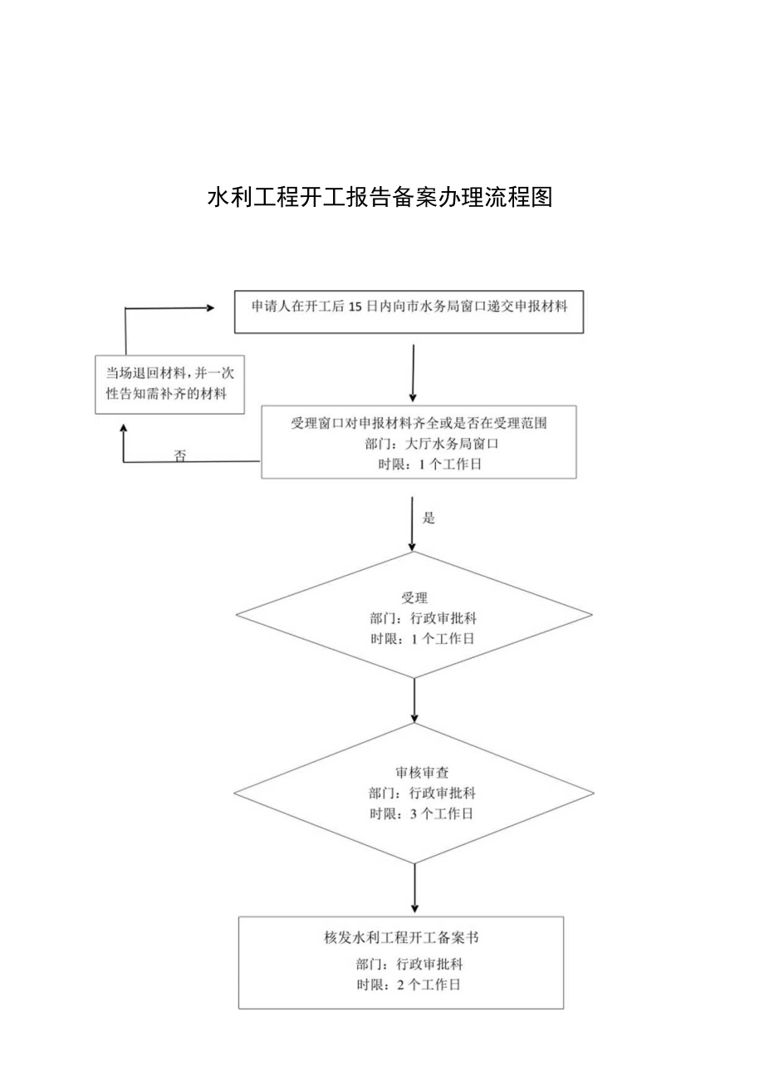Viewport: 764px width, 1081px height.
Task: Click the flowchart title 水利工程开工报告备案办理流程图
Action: tap(380, 198)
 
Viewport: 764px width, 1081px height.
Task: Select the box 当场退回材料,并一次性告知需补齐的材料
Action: tap(170, 382)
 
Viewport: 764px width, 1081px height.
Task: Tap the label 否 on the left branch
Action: tap(180, 455)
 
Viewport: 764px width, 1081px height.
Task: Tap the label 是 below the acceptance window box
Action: tap(429, 518)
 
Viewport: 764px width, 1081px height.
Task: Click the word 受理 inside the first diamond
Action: tap(414, 598)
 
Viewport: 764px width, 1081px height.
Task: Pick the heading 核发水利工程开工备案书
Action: tap(400, 938)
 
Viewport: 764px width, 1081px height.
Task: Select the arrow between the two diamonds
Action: tap(414, 700)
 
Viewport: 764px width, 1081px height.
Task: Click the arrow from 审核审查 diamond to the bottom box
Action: tap(414, 887)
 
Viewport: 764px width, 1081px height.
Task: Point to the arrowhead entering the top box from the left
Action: tap(208, 307)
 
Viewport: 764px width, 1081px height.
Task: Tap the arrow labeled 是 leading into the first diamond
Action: tap(413, 523)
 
